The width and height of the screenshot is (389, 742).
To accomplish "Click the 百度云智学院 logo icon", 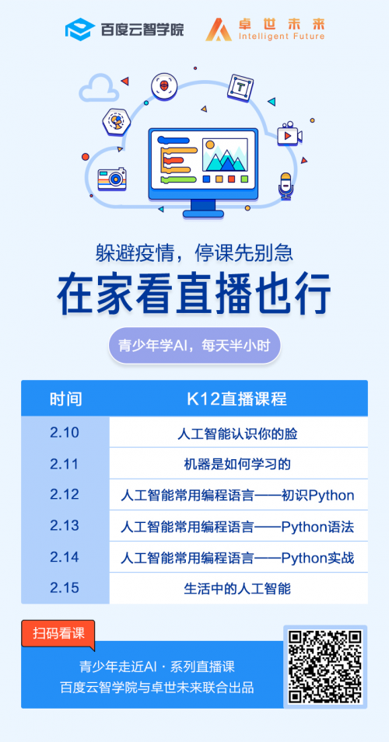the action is point(79,30).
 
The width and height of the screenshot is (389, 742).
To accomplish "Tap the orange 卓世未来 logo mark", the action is point(219,30).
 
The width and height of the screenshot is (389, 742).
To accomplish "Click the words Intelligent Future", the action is point(282,37).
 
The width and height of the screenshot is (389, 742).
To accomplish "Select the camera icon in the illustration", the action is point(112,179).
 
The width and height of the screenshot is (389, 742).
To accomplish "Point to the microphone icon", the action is point(285,185).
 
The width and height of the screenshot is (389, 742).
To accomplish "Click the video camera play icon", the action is point(289,134).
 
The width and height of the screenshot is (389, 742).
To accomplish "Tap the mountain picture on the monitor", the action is point(225,155).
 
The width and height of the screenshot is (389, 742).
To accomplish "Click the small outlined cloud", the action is point(97,88).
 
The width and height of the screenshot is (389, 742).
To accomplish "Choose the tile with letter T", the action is point(240,88).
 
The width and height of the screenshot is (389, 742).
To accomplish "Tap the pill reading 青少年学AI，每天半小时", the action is point(194,346).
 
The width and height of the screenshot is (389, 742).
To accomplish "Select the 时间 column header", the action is point(65,399).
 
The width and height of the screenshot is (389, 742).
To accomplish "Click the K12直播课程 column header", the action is point(238,399).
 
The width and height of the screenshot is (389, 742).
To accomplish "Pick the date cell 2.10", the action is point(65,433).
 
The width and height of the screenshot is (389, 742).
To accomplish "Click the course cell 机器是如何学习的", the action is point(238,464).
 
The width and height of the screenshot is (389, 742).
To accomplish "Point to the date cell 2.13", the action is point(65,526).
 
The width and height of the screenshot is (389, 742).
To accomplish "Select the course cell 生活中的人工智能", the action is point(238,588).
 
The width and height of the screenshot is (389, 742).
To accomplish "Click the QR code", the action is point(325,667).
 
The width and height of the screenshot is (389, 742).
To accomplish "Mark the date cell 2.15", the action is point(65,588).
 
